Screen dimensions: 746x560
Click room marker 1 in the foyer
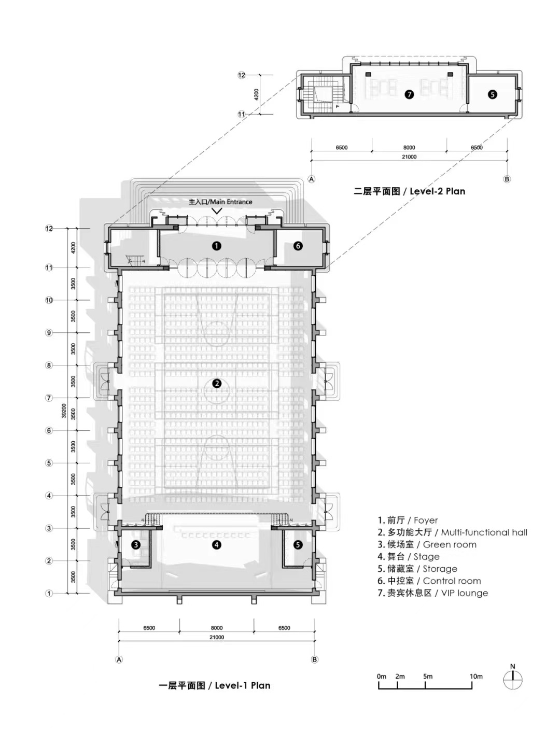pos(217,246)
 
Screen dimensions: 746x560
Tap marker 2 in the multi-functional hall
pos(217,384)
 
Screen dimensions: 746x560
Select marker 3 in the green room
pos(136,545)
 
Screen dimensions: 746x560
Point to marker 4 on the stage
pos(217,545)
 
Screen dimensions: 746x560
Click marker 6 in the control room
pos(298,246)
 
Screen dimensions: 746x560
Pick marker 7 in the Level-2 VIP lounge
pos(409,94)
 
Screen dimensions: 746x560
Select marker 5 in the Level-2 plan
pos(492,94)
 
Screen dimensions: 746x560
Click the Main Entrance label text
pos(220,202)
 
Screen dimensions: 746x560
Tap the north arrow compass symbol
pos(513,680)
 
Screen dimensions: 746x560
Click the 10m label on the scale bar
pos(476,676)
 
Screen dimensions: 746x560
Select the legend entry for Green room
pos(427,544)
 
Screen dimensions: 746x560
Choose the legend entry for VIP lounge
pos(432,593)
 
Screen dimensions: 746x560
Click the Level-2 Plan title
pos(409,191)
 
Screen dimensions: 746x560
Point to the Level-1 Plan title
pos(214,685)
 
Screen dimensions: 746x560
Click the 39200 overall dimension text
pos(64,411)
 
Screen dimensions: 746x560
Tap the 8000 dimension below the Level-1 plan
pos(217,628)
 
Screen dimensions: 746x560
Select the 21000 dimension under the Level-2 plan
pos(409,157)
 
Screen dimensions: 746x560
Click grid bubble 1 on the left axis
pos(49,593)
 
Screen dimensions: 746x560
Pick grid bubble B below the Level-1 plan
pos(314,659)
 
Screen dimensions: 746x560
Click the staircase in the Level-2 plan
pos(319,95)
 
